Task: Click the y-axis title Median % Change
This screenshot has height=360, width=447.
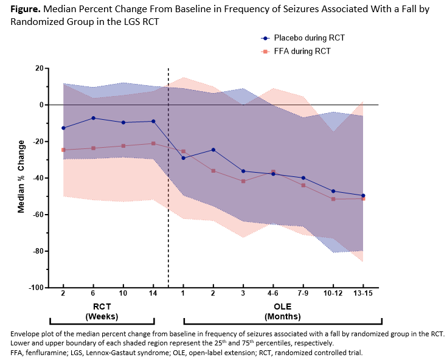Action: coord(21,176)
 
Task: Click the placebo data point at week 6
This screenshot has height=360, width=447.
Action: coord(93,118)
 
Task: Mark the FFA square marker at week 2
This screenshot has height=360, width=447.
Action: coord(63,150)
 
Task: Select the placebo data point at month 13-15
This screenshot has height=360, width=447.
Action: coord(363,195)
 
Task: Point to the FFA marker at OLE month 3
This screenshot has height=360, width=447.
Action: coord(243,181)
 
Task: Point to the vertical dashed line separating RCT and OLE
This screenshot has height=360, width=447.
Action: coord(168,182)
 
